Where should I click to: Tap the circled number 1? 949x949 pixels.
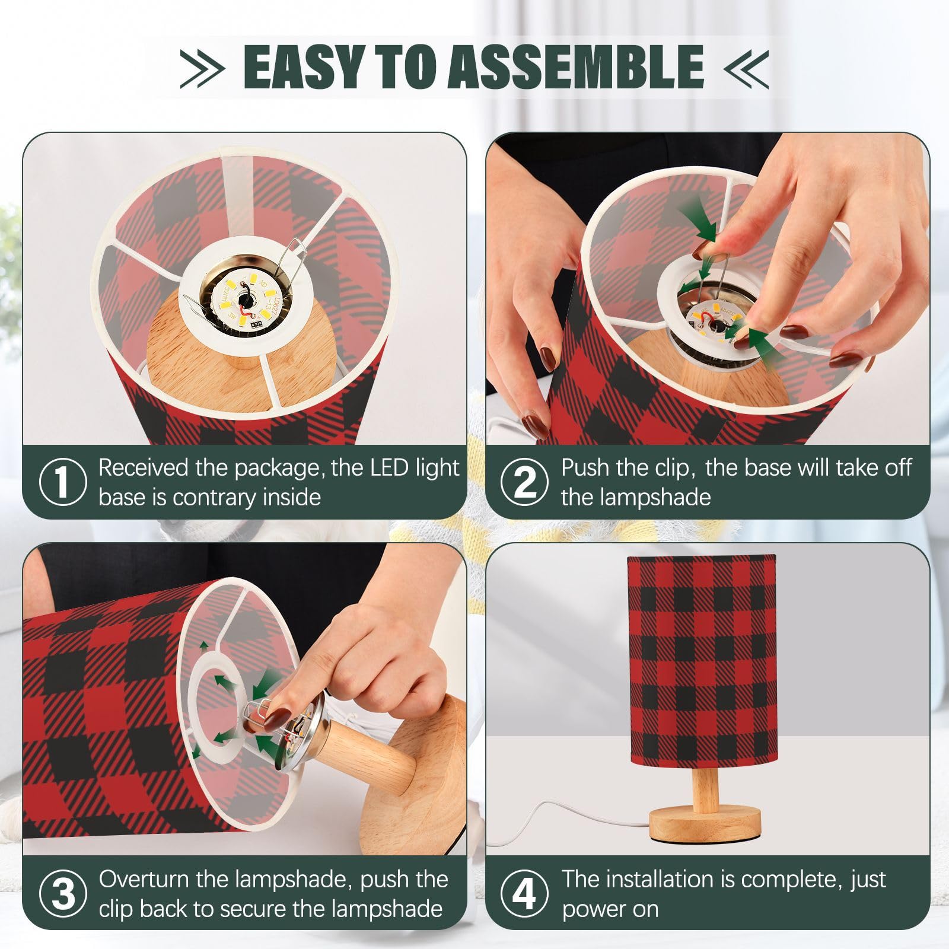point(62,481)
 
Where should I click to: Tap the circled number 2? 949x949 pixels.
point(524,481)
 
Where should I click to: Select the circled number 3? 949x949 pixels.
point(63,893)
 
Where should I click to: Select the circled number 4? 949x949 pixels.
point(524,893)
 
